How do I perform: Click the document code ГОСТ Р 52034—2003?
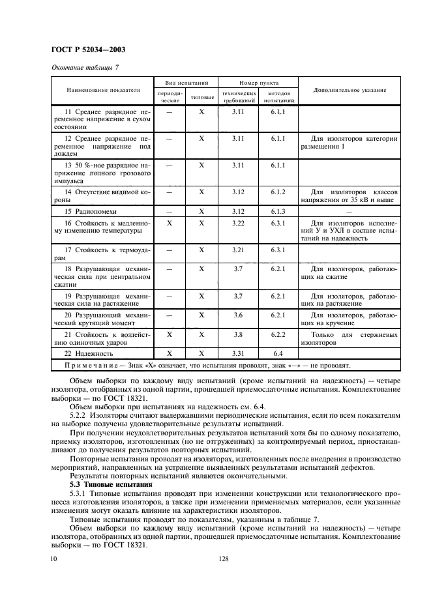[x=89, y=49]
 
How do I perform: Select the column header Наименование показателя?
[x=102, y=90]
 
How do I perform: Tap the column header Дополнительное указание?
[x=349, y=90]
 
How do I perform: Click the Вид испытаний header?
[x=185, y=83]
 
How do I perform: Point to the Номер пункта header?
[x=258, y=83]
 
